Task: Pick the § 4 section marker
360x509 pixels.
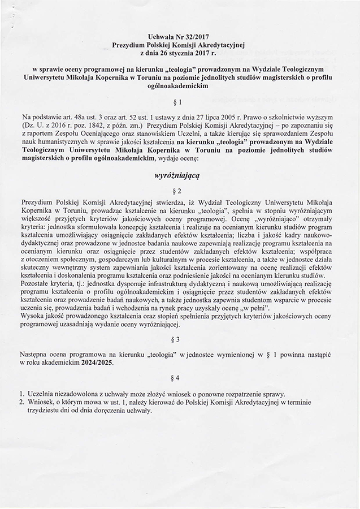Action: tap(180, 377)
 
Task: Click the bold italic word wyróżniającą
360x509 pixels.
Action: tap(180, 175)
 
